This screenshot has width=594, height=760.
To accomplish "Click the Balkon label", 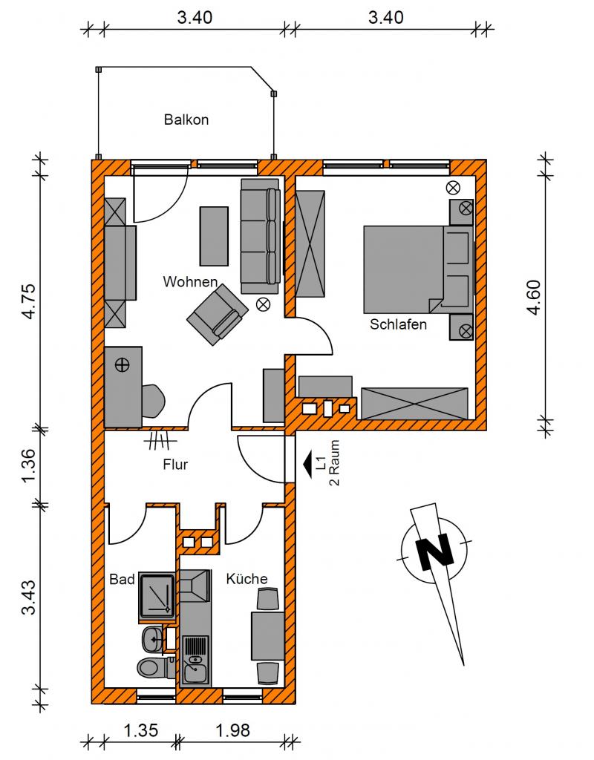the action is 186,119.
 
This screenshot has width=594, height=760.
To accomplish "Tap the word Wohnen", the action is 190,281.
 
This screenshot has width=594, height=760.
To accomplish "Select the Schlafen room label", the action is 398,324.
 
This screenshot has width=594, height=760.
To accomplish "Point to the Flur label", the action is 175,465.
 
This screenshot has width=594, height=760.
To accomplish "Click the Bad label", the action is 122,579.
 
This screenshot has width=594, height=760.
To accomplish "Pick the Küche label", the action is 247,578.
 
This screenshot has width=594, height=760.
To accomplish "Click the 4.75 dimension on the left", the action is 29,301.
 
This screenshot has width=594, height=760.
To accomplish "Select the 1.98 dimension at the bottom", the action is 232,730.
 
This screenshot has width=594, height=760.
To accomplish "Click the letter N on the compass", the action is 435,551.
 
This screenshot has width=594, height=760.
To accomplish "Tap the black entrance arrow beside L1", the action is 307,465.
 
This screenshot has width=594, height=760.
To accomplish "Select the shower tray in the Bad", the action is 157,597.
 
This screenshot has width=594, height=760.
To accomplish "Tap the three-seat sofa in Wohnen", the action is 261,236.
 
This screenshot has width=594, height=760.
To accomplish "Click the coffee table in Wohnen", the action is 214,236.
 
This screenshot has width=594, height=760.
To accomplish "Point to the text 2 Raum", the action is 334,463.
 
